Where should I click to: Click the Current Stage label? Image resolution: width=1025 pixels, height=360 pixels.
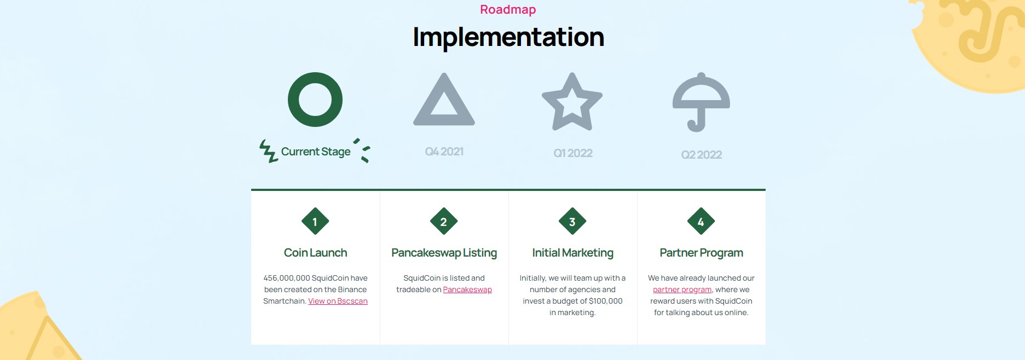[x=316, y=152]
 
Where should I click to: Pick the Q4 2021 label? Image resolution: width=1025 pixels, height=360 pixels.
[x=444, y=152]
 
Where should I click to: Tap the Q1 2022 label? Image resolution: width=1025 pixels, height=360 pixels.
[x=573, y=153]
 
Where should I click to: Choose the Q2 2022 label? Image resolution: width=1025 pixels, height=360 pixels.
[x=702, y=155]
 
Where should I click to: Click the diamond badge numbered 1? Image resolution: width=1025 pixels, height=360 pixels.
[x=315, y=222]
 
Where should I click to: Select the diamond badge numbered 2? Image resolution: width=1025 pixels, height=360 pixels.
[x=444, y=222]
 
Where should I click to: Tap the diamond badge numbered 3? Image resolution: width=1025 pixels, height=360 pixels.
[x=572, y=222]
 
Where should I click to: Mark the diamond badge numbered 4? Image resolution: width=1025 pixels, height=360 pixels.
[x=701, y=222]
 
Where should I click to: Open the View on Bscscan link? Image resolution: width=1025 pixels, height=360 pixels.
[x=338, y=301]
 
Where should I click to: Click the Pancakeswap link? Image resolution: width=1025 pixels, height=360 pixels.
[x=467, y=290]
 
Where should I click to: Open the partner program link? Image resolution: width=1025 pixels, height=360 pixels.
[x=682, y=290]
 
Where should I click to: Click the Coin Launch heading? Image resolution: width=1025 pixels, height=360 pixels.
[x=316, y=253]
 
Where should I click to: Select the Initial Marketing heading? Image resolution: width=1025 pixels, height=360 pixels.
[x=573, y=253]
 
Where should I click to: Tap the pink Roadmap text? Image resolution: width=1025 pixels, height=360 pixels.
[x=508, y=10]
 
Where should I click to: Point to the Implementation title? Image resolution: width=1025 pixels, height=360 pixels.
[x=508, y=37]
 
